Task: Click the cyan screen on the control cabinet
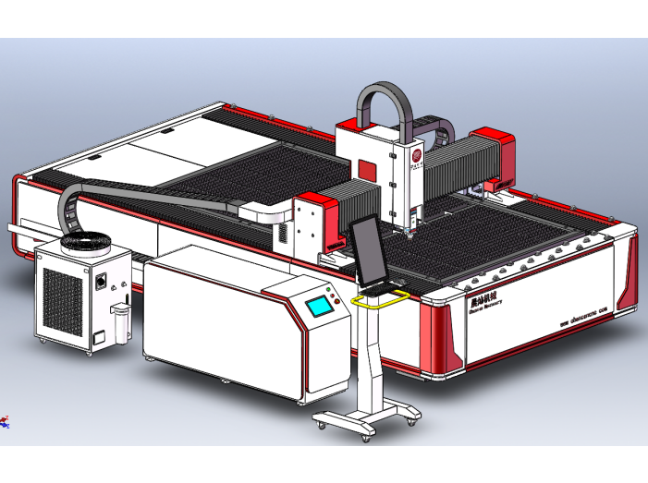(319, 307)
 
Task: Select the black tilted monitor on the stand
(367, 250)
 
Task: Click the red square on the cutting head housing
(368, 172)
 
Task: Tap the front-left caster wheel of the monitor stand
(323, 424)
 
